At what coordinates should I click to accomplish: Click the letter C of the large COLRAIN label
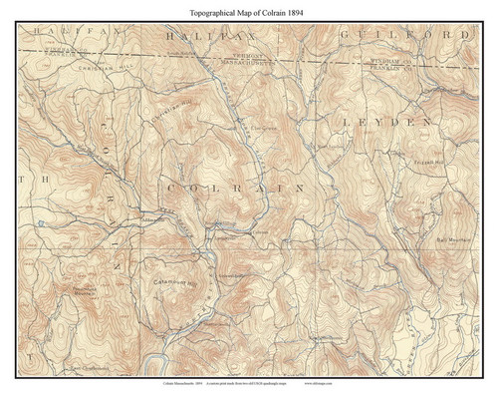click(168, 186)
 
